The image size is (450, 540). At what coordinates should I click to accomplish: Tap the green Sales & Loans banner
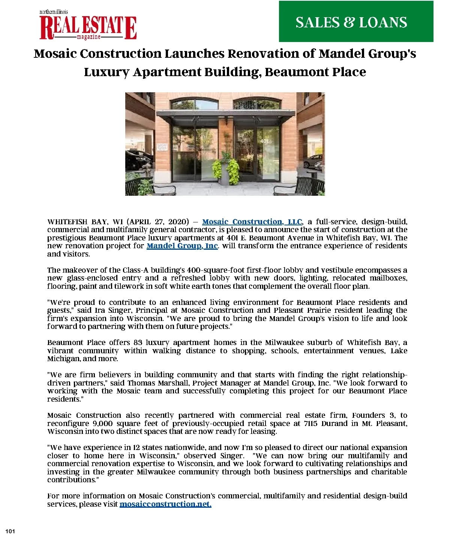click(356, 21)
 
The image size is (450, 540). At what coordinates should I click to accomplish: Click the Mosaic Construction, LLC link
click(252, 222)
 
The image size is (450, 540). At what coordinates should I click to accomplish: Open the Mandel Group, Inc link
click(182, 246)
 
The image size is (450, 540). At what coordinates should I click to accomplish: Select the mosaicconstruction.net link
click(165, 504)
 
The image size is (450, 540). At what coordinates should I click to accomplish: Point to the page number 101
click(10, 531)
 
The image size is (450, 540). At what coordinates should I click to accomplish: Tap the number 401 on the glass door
click(264, 141)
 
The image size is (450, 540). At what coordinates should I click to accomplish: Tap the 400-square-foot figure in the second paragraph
click(210, 270)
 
